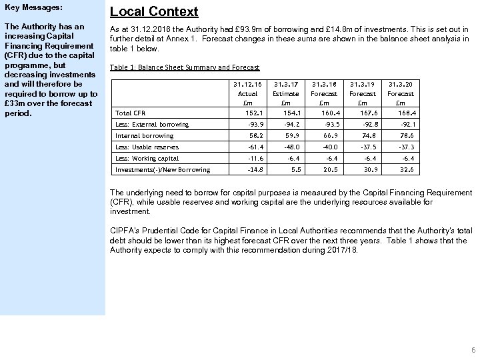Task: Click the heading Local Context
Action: (x=154, y=11)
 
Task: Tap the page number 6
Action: (x=472, y=350)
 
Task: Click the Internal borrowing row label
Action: (x=144, y=135)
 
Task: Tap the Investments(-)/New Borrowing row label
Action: (x=163, y=169)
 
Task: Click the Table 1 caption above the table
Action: (x=184, y=67)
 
